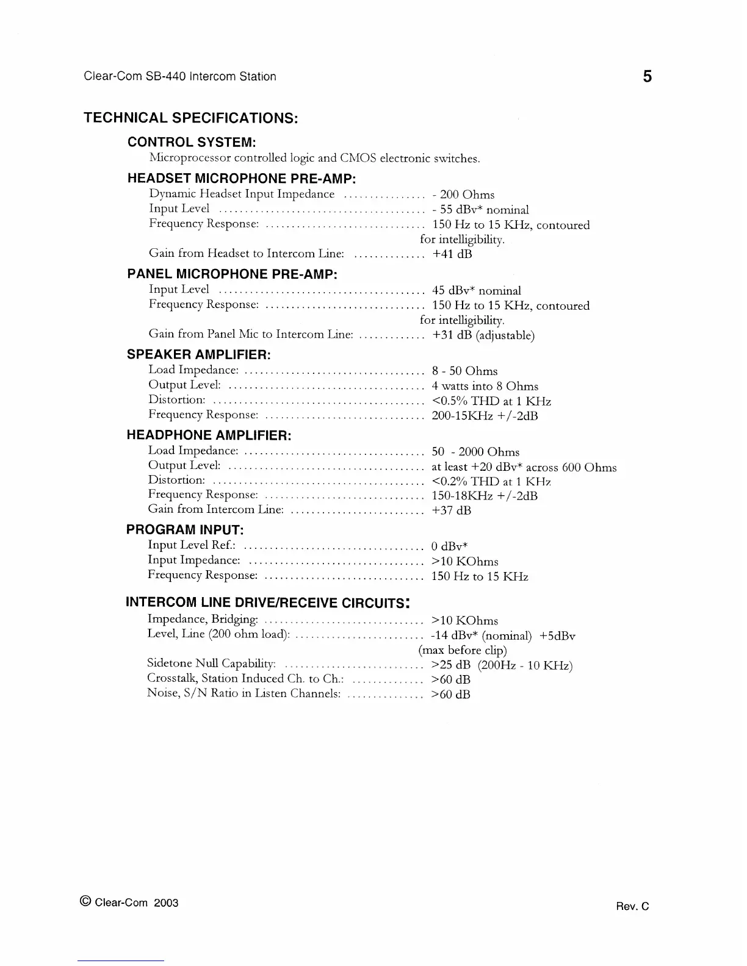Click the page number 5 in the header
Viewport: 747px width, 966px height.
pos(647,77)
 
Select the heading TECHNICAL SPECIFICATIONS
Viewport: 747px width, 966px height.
pos(190,118)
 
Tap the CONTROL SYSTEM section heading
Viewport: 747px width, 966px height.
pos(191,142)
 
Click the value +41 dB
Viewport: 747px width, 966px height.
pos(452,254)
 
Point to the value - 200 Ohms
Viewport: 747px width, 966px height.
pos(463,195)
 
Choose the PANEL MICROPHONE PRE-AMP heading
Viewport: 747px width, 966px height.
pos(232,274)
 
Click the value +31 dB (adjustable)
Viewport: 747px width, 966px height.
pos(483,335)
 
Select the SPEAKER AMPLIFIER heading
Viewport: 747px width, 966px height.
pos(198,354)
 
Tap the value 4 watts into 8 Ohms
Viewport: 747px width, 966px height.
pos(485,386)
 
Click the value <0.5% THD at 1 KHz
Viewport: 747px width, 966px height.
pos(491,401)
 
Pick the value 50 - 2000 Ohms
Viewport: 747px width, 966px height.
pos(475,452)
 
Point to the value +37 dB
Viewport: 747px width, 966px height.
pos(452,510)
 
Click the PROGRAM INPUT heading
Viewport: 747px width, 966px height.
pos(185,529)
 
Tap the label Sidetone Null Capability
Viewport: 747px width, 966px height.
pos(212,664)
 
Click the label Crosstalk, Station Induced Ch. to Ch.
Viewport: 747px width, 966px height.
pos(246,678)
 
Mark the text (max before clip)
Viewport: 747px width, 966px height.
pos(463,650)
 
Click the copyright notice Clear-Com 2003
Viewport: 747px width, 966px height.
pos(129,903)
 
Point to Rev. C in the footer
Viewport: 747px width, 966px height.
pos(633,907)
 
